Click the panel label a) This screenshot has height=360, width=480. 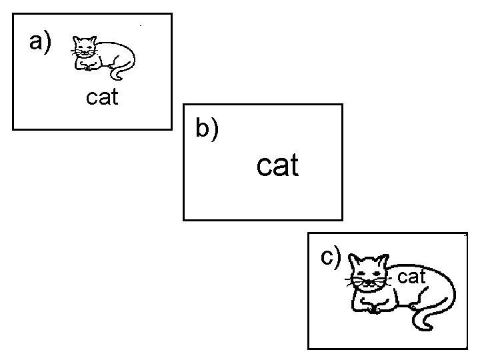tap(40, 43)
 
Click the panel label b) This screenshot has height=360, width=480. tap(207, 129)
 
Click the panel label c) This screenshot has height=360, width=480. tap(331, 256)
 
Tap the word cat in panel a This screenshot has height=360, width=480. tap(102, 98)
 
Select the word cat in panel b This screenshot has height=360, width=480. tap(278, 165)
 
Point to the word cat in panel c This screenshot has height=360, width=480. tap(411, 276)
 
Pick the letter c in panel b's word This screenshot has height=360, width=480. tap(264, 166)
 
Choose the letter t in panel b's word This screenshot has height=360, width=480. tap(293, 165)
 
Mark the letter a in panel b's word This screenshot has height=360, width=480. tap(279, 166)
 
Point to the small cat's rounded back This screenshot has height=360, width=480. tap(117, 48)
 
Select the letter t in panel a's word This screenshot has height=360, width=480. tap(114, 97)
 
